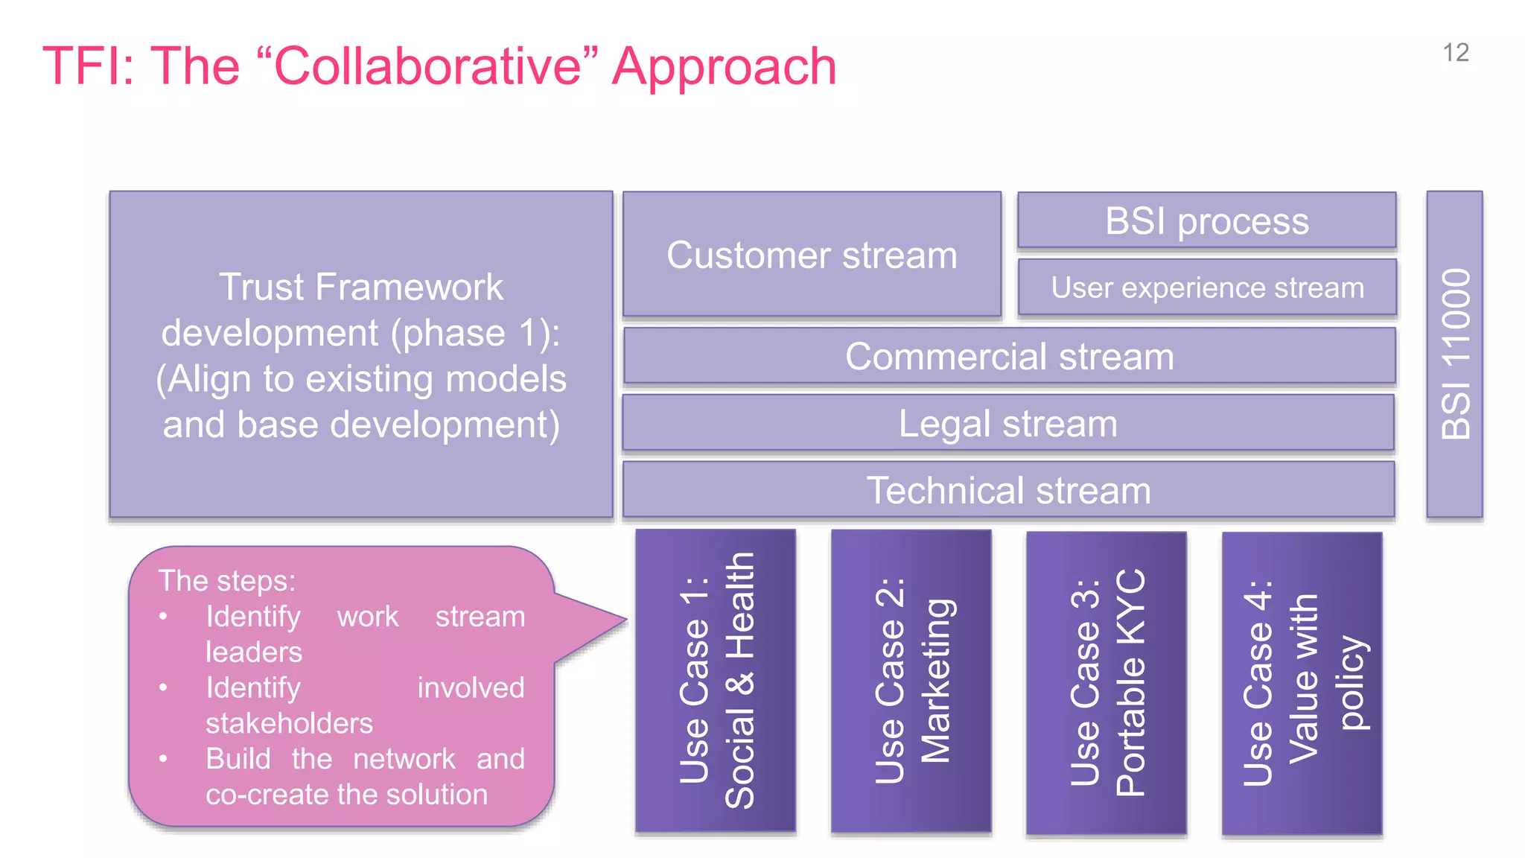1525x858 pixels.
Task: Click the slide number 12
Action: [x=1455, y=53]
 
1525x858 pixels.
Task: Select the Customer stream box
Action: [x=812, y=255]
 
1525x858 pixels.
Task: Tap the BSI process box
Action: [x=1206, y=221]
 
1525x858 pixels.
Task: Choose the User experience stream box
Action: [x=1207, y=287]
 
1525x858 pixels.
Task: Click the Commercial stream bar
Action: [x=1009, y=356]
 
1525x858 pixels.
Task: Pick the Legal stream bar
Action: [x=1007, y=423]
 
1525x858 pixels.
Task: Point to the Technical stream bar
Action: [x=1008, y=490]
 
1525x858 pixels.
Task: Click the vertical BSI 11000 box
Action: [x=1454, y=354]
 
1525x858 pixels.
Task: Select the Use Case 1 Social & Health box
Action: [x=716, y=681]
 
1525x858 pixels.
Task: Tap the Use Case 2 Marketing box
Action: [x=911, y=681]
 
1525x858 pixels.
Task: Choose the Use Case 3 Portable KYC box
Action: [x=1106, y=682]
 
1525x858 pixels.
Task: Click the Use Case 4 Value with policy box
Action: [x=1302, y=682]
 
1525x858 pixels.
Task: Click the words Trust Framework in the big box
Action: [x=361, y=287]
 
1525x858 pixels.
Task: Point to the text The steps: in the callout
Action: [x=227, y=581]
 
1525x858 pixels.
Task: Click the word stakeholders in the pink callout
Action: [x=289, y=723]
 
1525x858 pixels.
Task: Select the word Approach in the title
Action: [x=724, y=67]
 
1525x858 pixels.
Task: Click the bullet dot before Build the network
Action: [x=163, y=759]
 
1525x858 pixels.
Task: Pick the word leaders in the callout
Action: [x=254, y=652]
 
